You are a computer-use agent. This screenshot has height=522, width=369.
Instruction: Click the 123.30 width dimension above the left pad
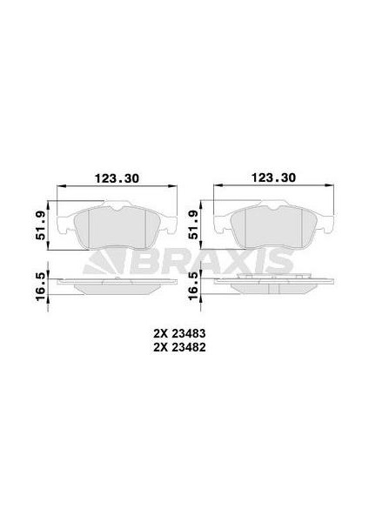(117, 178)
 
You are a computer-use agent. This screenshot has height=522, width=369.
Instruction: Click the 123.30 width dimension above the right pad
(273, 177)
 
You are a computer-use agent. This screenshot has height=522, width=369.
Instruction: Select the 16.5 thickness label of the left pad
(41, 286)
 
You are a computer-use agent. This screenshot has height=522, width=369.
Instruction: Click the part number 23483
(189, 333)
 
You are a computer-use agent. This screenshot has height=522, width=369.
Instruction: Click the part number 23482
(189, 347)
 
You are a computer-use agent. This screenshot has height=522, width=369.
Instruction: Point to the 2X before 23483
(160, 333)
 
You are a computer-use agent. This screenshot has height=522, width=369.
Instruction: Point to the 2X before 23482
(160, 347)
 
